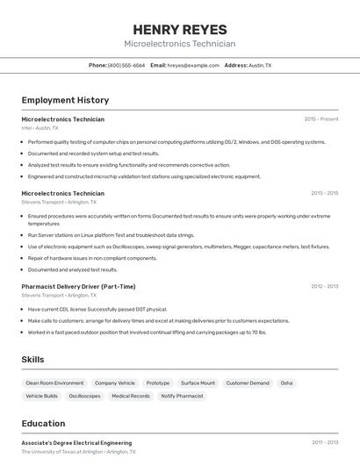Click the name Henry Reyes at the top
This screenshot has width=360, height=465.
(179, 29)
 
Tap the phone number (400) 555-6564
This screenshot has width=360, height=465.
(126, 65)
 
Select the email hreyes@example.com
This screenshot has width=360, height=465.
(193, 65)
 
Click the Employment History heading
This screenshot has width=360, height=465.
(65, 100)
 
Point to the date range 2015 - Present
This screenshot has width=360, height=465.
(320, 119)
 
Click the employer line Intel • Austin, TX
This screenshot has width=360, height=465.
(40, 128)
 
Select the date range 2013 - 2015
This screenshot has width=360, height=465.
(324, 194)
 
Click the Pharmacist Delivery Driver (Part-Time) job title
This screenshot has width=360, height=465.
(78, 286)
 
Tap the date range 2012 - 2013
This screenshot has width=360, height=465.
(324, 286)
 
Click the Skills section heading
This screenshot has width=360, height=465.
(32, 360)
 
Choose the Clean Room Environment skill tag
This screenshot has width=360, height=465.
(54, 383)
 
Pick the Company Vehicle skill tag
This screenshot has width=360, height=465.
(115, 383)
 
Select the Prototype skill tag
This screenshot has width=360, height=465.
(158, 383)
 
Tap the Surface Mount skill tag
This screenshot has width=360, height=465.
(198, 383)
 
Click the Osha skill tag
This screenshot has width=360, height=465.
(286, 383)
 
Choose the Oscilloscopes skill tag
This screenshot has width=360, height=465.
(84, 397)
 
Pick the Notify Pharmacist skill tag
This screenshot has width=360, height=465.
(181, 397)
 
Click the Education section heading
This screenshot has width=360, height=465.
(43, 423)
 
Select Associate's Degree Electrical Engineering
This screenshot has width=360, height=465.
(76, 443)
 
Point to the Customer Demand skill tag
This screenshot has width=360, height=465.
(248, 383)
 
